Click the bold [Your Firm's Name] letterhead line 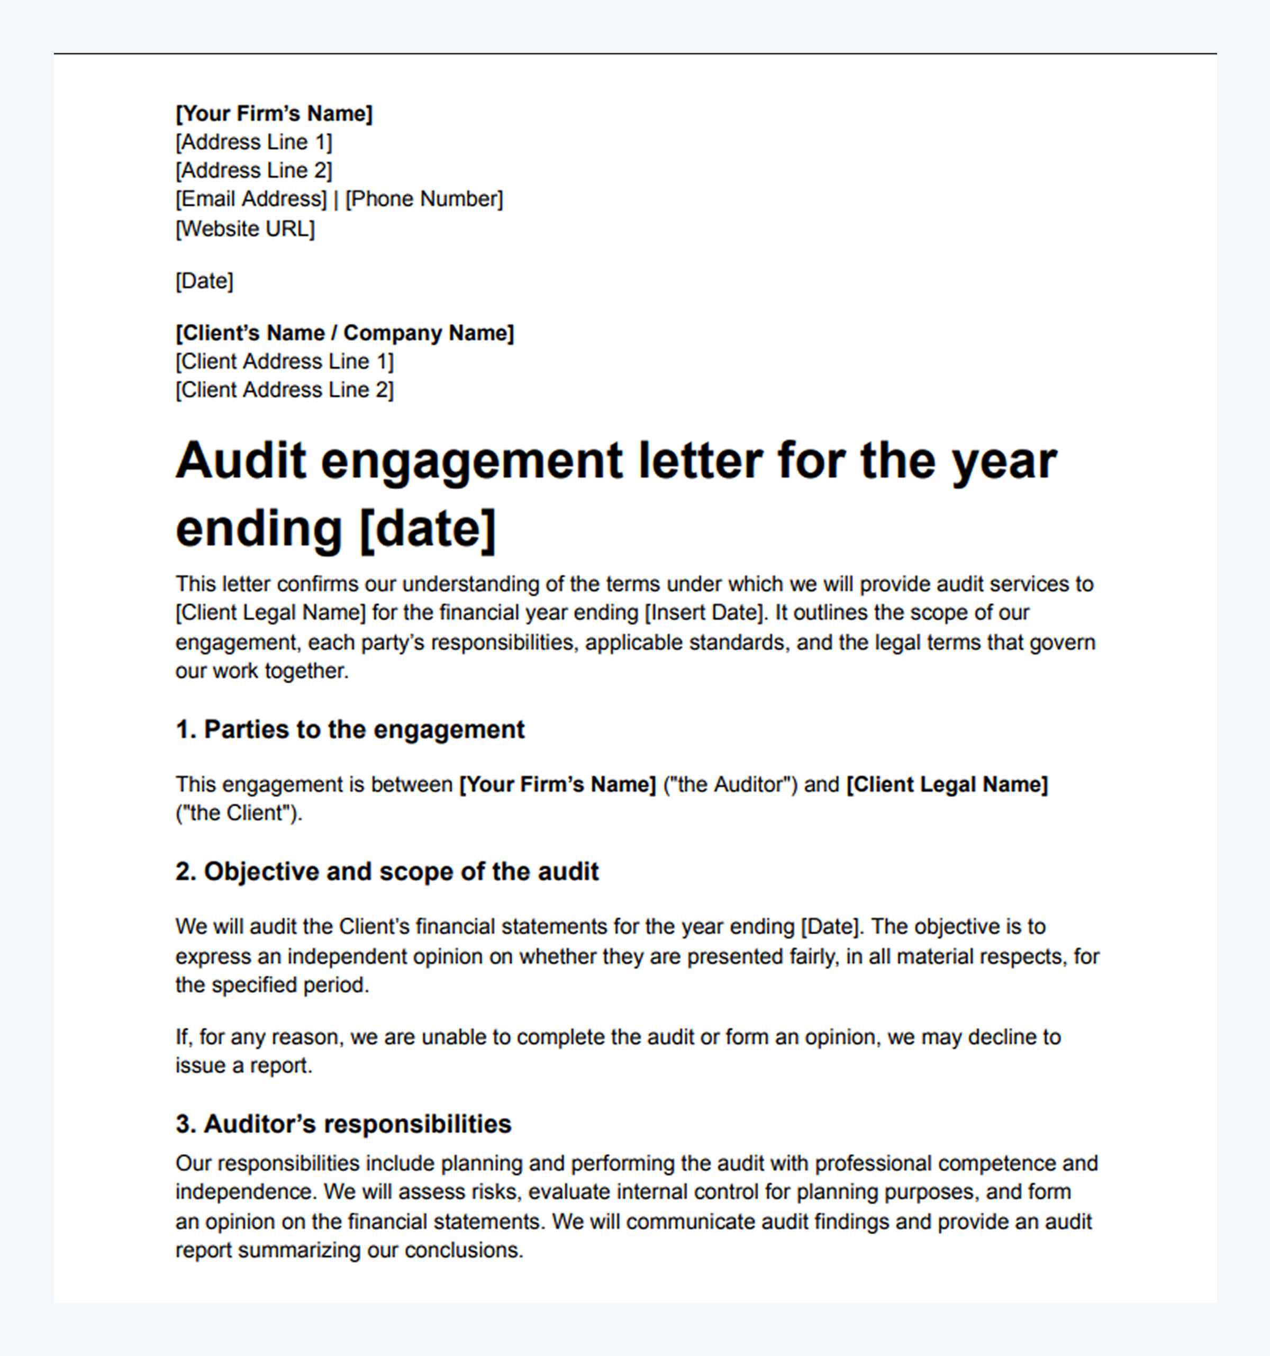274,113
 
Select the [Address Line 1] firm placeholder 253,142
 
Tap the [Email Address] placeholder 251,199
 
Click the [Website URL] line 245,229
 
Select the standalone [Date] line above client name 204,281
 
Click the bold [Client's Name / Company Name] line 344,333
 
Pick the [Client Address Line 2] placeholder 284,390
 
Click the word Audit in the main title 241,461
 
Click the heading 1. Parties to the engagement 350,729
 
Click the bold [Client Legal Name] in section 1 947,784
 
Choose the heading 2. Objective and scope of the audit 387,872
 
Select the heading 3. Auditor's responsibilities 343,1124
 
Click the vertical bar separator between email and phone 335,199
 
